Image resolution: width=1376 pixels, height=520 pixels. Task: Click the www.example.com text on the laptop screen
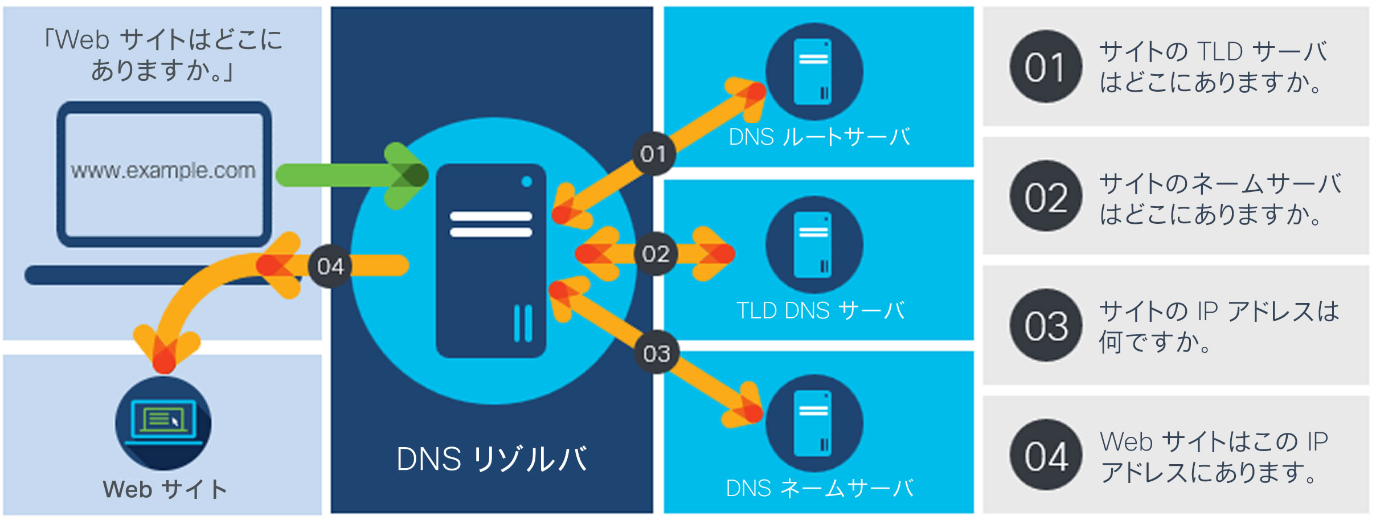(x=163, y=170)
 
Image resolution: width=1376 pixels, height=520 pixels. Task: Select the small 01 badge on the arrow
(x=653, y=154)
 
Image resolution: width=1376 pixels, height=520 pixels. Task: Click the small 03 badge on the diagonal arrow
(x=657, y=354)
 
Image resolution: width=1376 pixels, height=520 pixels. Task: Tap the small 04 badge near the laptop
(x=330, y=266)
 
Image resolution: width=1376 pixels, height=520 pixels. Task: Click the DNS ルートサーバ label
(x=819, y=137)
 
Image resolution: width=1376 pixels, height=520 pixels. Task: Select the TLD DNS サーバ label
(x=820, y=311)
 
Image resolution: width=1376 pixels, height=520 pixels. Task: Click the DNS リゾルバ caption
(x=492, y=459)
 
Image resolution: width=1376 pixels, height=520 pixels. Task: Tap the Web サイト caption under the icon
(x=165, y=489)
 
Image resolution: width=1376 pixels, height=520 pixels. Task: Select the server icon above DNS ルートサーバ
(x=814, y=72)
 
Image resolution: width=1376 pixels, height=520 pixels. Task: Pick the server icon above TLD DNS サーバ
(x=814, y=245)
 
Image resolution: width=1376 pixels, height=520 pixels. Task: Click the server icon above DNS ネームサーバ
(x=814, y=423)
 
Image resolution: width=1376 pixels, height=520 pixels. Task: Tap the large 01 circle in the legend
(x=1046, y=67)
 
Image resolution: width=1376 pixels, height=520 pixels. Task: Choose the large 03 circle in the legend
(x=1046, y=325)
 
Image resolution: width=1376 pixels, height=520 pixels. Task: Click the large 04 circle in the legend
(x=1046, y=456)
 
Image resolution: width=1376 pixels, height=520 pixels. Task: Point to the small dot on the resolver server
(x=527, y=182)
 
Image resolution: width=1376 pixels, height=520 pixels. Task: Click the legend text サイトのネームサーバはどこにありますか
(x=1219, y=199)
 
